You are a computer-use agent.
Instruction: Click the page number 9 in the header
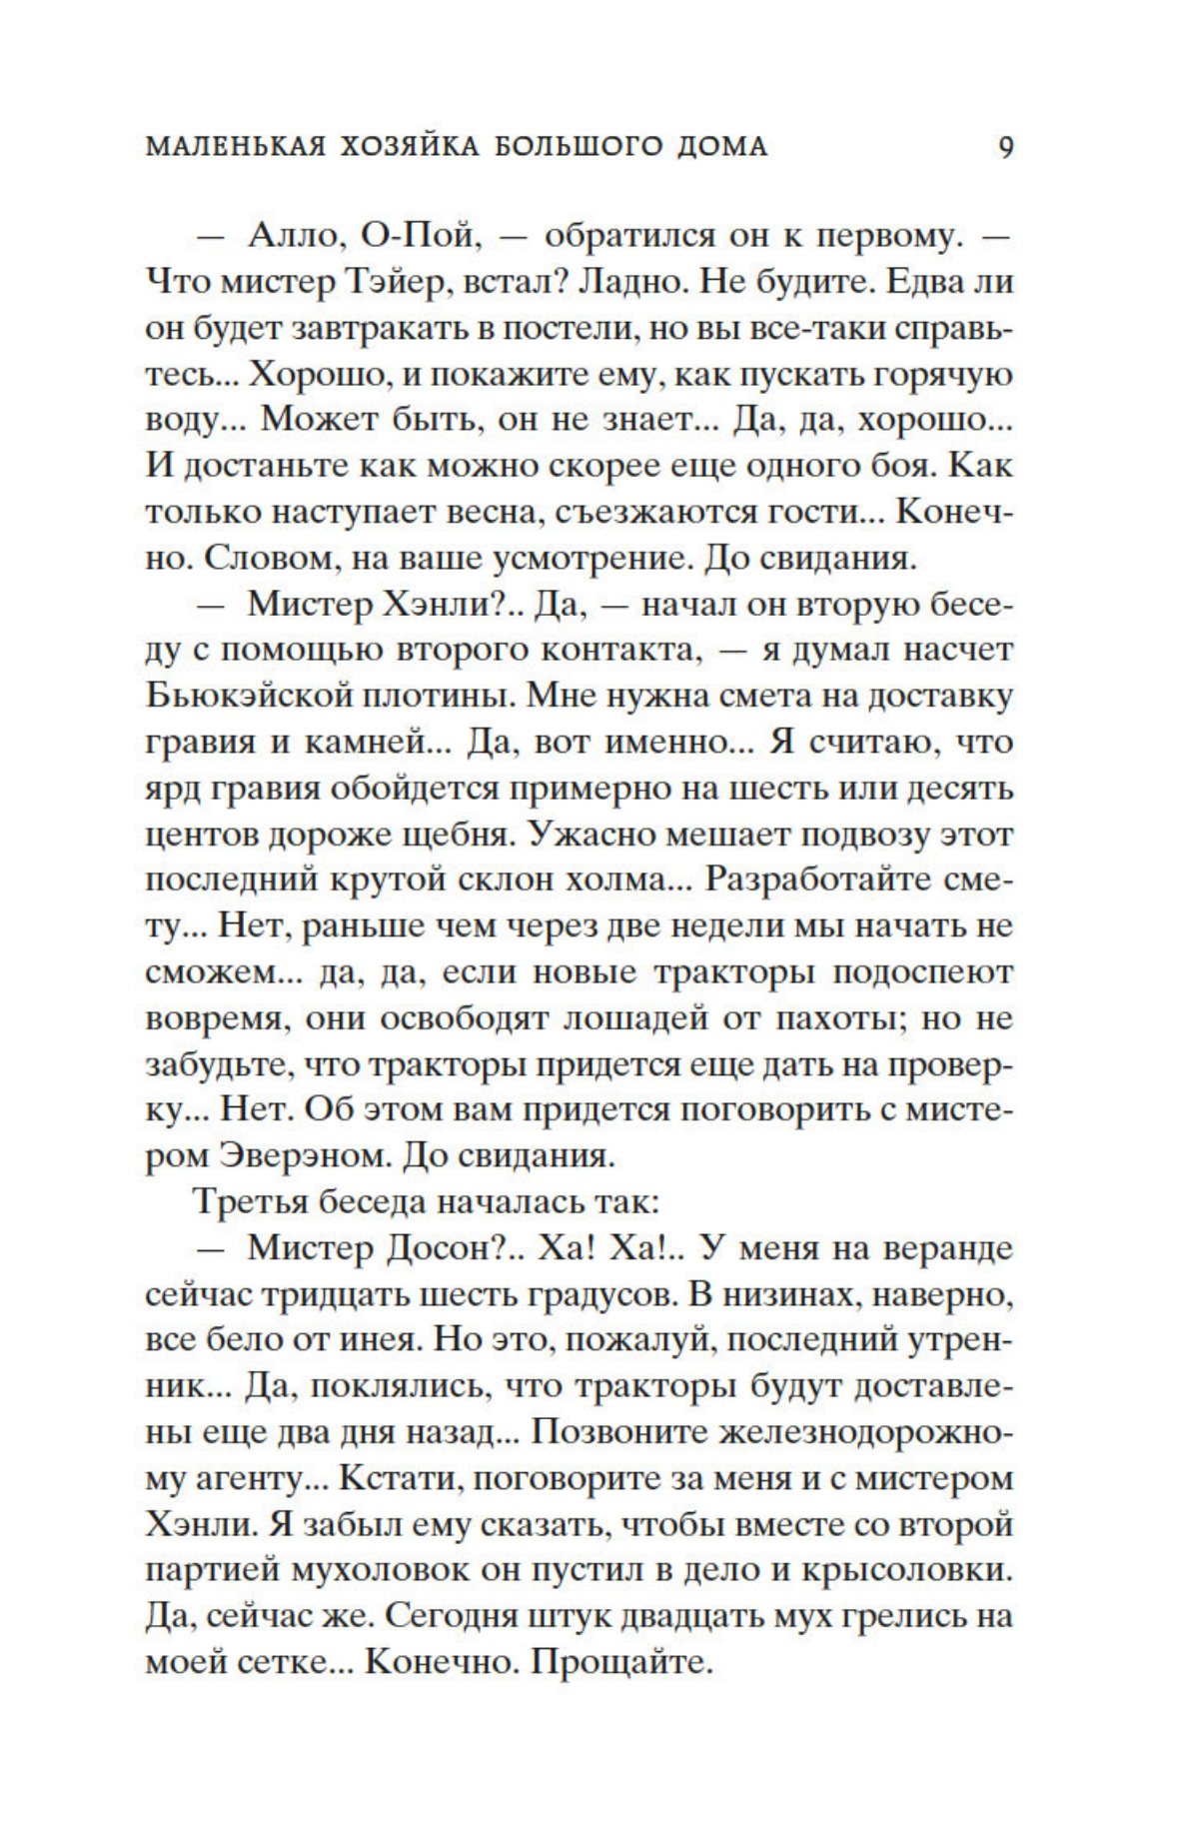(1005, 147)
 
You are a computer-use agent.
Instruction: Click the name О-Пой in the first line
(421, 237)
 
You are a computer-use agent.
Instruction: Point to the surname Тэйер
(404, 283)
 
